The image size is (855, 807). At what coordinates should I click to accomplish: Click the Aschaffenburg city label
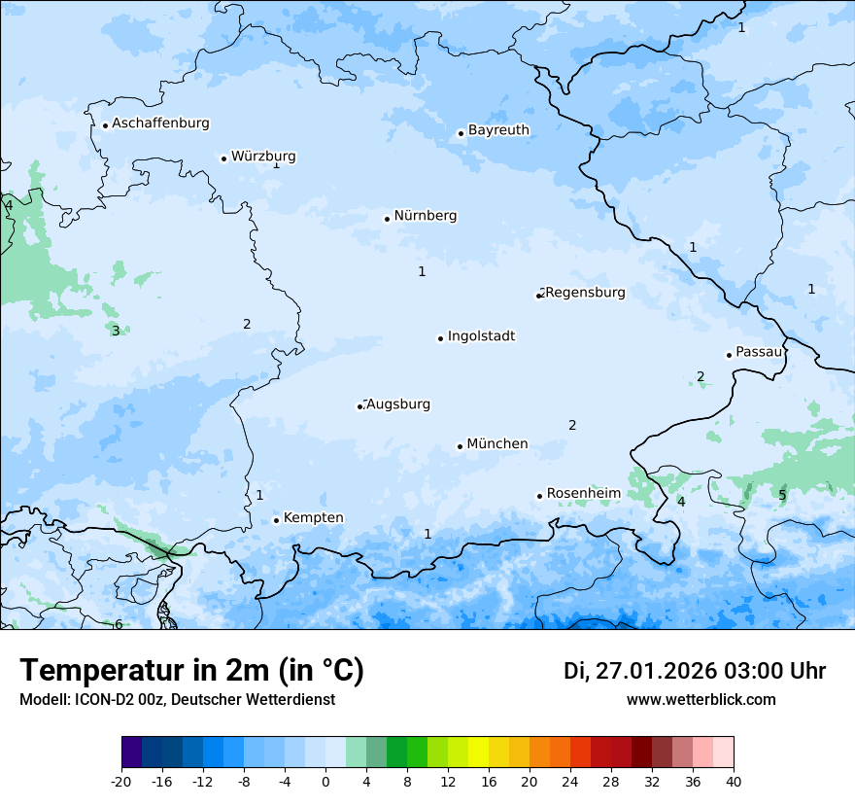160,123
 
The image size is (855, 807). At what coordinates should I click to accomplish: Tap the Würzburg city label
263,157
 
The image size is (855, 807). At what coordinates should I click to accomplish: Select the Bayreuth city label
498,130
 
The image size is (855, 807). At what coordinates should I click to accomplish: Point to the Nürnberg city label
425,216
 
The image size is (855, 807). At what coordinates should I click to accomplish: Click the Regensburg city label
585,293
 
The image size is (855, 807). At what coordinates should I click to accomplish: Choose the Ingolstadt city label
481,336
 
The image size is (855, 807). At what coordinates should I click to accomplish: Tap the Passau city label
759,352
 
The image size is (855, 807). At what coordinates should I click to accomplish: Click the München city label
497,444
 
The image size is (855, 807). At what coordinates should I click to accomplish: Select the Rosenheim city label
583,494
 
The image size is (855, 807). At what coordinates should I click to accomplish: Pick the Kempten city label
313,518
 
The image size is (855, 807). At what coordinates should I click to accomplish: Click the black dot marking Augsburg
359,406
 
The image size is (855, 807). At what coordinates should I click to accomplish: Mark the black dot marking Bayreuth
461,133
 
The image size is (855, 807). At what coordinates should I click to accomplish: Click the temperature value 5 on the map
782,496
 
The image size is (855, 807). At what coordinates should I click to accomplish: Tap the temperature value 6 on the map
119,624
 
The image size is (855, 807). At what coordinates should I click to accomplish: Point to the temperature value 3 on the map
116,331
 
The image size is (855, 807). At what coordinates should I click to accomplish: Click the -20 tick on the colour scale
121,781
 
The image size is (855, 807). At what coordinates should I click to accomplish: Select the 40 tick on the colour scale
733,781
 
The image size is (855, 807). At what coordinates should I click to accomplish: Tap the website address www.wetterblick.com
701,700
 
